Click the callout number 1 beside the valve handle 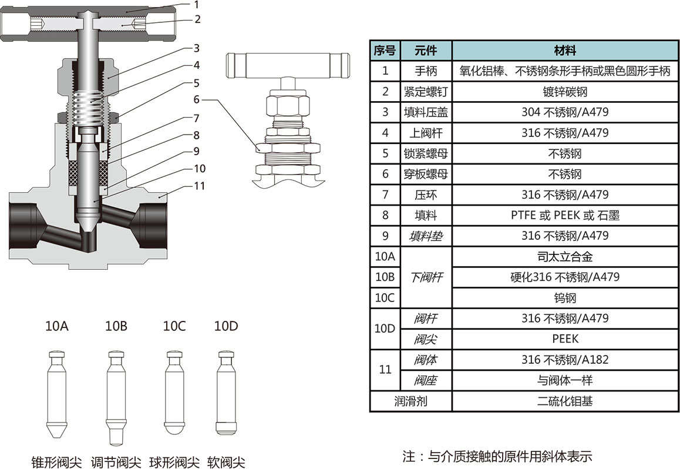(196, 4)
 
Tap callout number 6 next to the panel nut (196, 99)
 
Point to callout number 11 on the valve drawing (199, 186)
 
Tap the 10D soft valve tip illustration (225, 391)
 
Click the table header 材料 (565, 50)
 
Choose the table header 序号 (385, 50)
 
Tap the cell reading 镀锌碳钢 (565, 92)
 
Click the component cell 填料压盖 (426, 112)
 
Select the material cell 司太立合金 (565, 257)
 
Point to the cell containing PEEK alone (565, 339)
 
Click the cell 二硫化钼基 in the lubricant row (565, 401)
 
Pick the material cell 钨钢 (565, 298)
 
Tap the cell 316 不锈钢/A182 (565, 360)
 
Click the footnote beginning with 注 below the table (497, 455)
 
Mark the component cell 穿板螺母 (426, 174)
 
